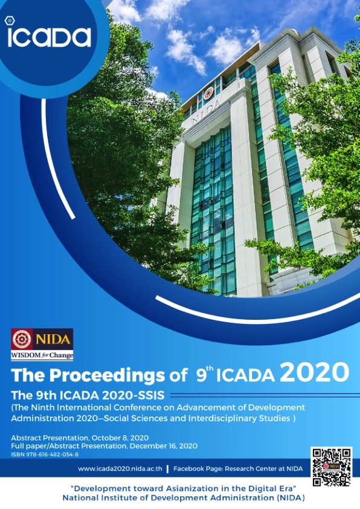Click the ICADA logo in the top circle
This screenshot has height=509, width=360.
click(x=48, y=36)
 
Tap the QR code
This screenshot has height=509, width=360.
click(x=331, y=467)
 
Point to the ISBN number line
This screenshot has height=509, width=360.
click(x=45, y=455)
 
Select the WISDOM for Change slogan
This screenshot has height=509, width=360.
click(x=42, y=355)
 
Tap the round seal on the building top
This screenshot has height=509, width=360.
click(x=208, y=93)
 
